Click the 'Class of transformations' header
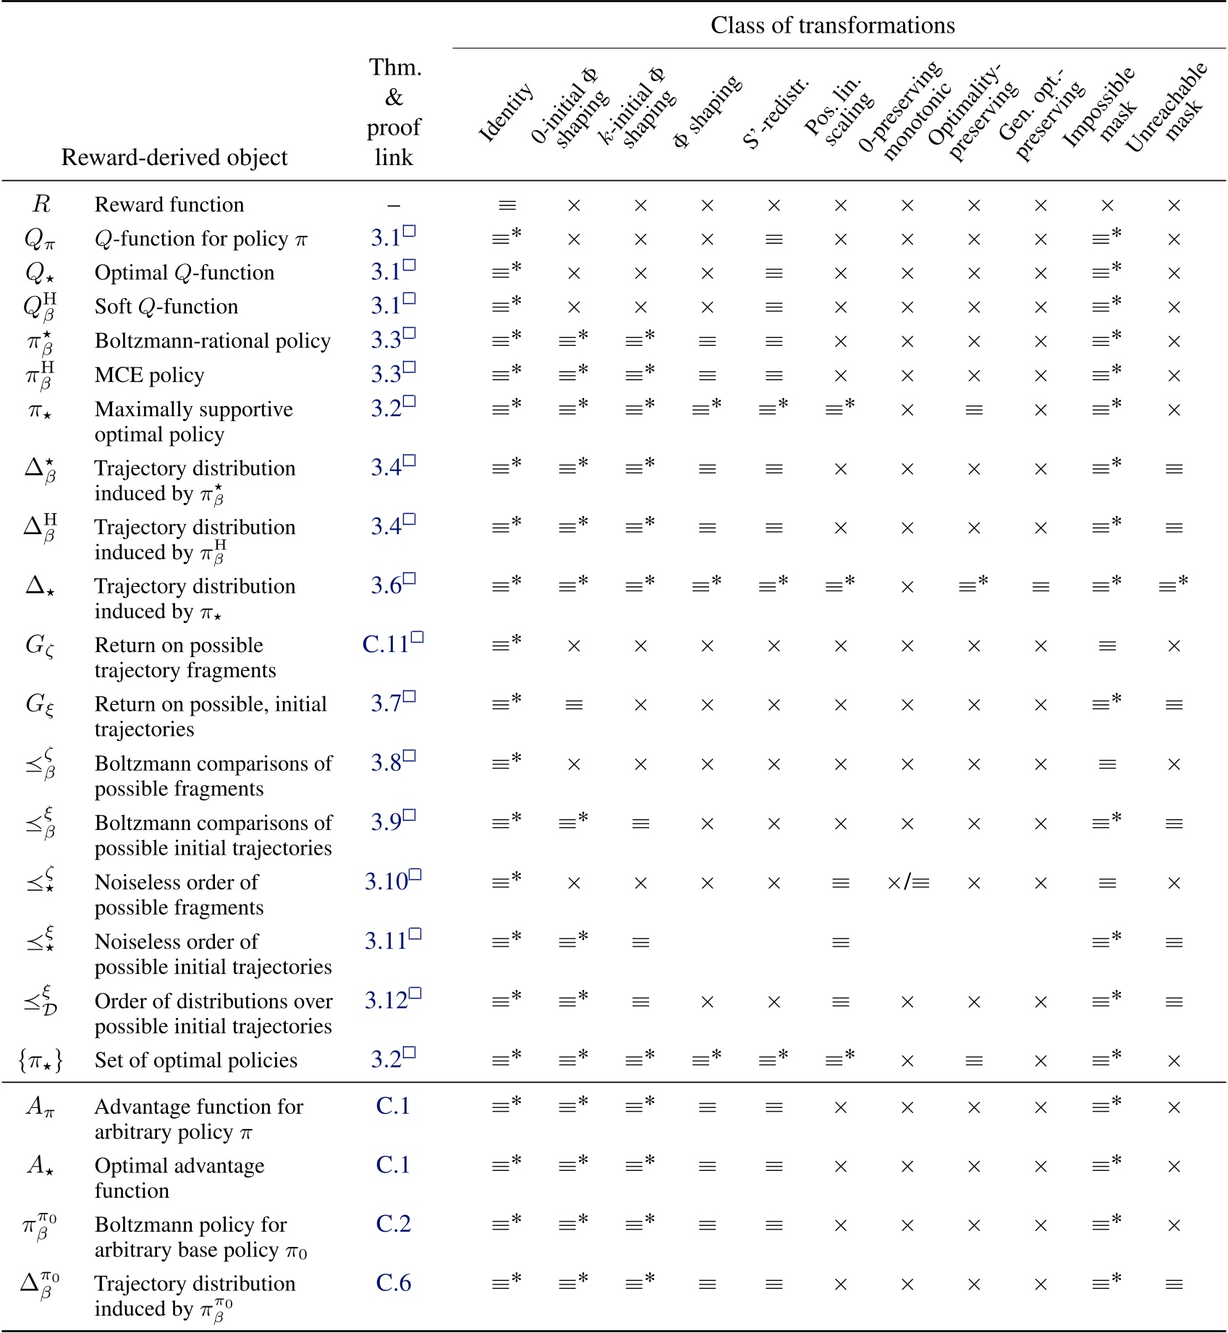coord(832,25)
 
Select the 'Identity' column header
coord(506,113)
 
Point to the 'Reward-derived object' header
coord(174,157)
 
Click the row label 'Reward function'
coord(169,205)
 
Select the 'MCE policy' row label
coord(149,376)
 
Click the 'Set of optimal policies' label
coord(196,1060)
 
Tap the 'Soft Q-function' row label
coord(166,307)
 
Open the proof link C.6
coord(393,1283)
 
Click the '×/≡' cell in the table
coord(907,883)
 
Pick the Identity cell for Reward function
coord(507,206)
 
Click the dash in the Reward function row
coord(394,206)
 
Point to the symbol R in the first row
coord(41,205)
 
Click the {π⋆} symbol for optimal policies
coord(41,1061)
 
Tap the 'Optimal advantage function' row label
coord(179,1178)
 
